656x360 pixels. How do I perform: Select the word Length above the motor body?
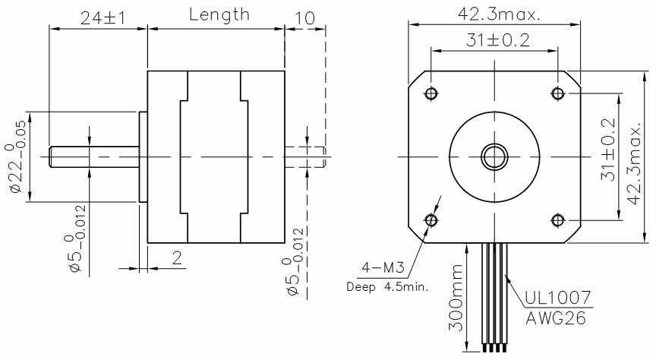(219, 14)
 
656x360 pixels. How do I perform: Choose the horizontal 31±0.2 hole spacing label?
(494, 40)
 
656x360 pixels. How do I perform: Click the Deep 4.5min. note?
(387, 287)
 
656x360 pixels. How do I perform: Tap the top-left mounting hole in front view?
(431, 93)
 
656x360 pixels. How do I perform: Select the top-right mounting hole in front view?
(558, 93)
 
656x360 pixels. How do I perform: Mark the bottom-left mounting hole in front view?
(431, 219)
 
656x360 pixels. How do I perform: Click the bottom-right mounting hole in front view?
(558, 219)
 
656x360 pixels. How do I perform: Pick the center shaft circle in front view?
(494, 156)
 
